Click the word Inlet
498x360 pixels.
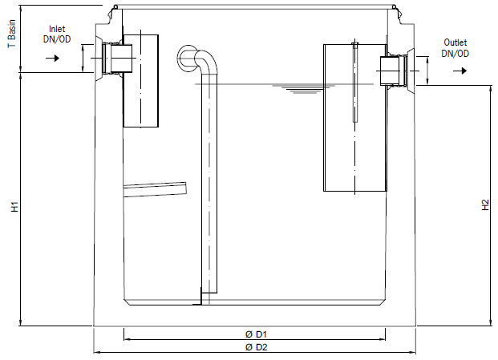coord(57,29)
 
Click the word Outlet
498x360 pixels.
coord(455,42)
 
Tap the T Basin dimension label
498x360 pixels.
coord(12,34)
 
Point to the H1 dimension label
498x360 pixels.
coord(15,207)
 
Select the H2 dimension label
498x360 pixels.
coord(485,204)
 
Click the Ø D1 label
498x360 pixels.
coord(256,334)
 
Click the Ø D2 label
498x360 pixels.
coord(257,347)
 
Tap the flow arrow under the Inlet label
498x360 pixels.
coord(53,58)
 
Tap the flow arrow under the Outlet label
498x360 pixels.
coord(460,71)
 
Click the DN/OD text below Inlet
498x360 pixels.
coord(57,39)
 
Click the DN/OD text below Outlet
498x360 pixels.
coord(455,54)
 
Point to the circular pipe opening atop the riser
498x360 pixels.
coord(188,59)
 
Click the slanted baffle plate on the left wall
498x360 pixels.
coord(155,189)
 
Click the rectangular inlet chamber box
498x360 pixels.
coord(140,81)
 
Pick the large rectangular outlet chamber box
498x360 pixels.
coord(355,118)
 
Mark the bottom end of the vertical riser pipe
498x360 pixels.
coord(209,293)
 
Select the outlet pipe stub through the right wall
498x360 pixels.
coord(394,71)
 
